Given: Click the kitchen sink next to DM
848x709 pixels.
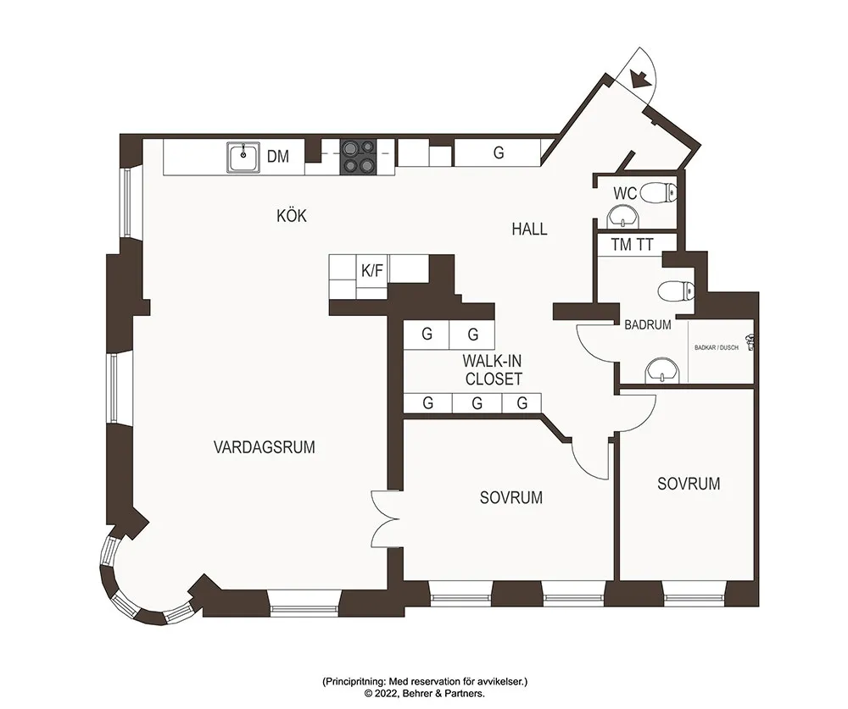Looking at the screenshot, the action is point(243,158).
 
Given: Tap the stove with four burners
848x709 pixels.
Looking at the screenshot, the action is point(358,157).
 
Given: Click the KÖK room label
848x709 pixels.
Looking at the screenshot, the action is point(292,216).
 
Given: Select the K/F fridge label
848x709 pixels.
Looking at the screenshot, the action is point(372,271).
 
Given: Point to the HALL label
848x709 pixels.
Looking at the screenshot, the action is point(529,229).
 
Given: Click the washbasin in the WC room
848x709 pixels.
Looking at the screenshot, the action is point(625,217).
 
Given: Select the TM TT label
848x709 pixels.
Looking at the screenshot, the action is point(633,245).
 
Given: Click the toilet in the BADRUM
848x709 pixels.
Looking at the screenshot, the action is point(676,291).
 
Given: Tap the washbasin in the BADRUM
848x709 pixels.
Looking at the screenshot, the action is point(661,370).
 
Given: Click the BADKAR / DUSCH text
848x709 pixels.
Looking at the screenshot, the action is point(717,347).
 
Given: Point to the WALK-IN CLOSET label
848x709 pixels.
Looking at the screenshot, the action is point(493,369).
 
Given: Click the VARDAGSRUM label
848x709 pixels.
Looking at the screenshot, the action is point(265,447).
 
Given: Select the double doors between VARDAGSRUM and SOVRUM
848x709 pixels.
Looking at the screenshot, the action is point(385,518).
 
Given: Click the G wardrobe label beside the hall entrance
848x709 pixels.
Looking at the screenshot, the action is point(499,153).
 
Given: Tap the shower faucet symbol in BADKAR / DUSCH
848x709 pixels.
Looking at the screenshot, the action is point(750,342).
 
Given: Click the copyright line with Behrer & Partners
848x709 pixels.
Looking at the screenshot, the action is point(425,693).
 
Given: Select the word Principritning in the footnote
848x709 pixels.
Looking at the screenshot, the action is point(354,682).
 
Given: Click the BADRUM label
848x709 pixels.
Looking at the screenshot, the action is point(648,324).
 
